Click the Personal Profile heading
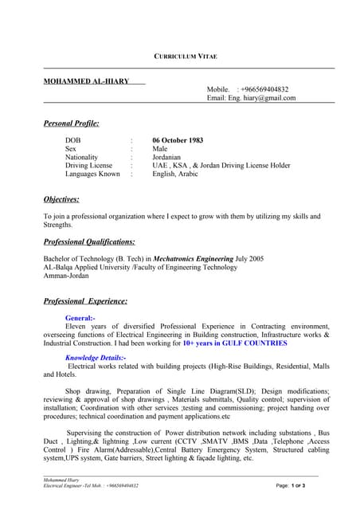click(71, 124)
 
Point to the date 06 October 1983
click(178, 140)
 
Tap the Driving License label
click(89, 165)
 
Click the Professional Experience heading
click(85, 301)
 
